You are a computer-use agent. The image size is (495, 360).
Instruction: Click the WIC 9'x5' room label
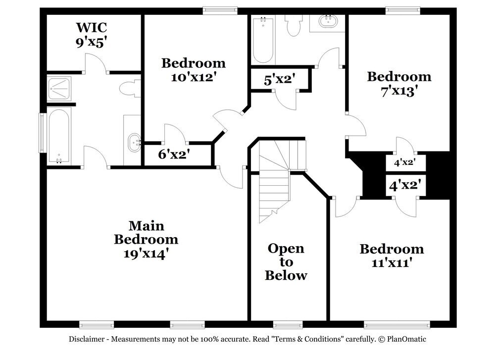[x=91, y=35]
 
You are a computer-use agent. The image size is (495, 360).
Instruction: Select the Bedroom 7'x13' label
[x=399, y=84]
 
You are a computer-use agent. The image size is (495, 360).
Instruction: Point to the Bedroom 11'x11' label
[x=392, y=256]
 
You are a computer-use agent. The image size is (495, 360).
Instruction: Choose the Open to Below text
[x=286, y=261]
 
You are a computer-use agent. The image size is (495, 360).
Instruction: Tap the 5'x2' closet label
[x=280, y=79]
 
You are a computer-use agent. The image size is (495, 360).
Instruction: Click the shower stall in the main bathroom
[x=60, y=89]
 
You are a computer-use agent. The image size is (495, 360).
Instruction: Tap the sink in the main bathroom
[x=134, y=143]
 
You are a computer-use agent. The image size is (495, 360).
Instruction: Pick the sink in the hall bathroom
[x=327, y=22]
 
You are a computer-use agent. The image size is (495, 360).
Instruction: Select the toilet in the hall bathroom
[x=294, y=25]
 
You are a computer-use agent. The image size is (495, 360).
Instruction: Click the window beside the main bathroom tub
[x=42, y=132]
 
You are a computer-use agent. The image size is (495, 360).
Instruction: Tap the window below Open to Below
[x=288, y=325]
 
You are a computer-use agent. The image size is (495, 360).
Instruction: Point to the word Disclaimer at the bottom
[x=86, y=339]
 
